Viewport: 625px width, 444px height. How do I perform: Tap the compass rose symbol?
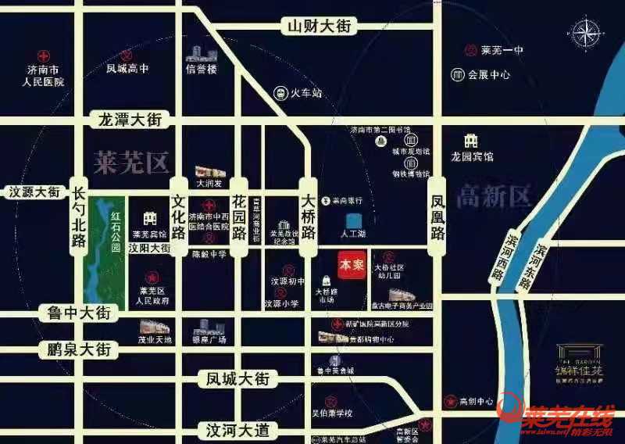click(586, 34)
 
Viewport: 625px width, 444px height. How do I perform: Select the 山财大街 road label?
click(320, 26)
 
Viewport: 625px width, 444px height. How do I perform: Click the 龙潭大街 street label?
click(130, 120)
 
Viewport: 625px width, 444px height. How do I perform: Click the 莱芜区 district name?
click(130, 163)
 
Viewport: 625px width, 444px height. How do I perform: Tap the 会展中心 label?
click(489, 75)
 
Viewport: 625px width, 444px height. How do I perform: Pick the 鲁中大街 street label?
click(78, 314)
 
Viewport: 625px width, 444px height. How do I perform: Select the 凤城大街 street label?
click(238, 379)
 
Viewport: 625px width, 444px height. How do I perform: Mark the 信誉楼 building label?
click(201, 69)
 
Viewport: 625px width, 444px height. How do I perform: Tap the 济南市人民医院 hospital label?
click(44, 76)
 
